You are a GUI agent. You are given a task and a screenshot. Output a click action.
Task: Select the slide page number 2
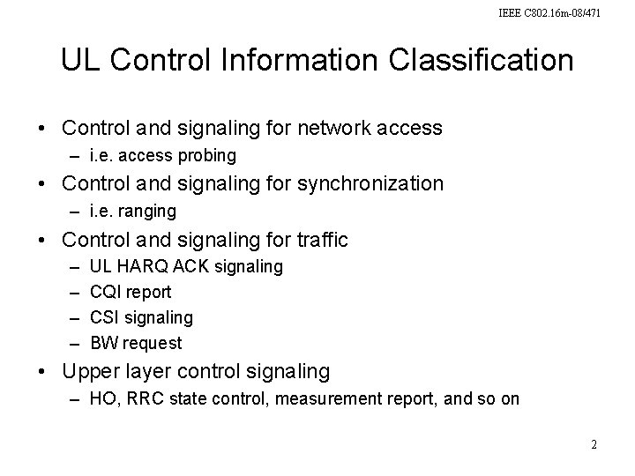(594, 445)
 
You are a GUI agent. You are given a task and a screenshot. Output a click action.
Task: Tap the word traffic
(317, 239)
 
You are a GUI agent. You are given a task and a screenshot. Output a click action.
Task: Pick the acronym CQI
(107, 291)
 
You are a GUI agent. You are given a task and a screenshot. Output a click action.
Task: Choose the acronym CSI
(105, 316)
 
